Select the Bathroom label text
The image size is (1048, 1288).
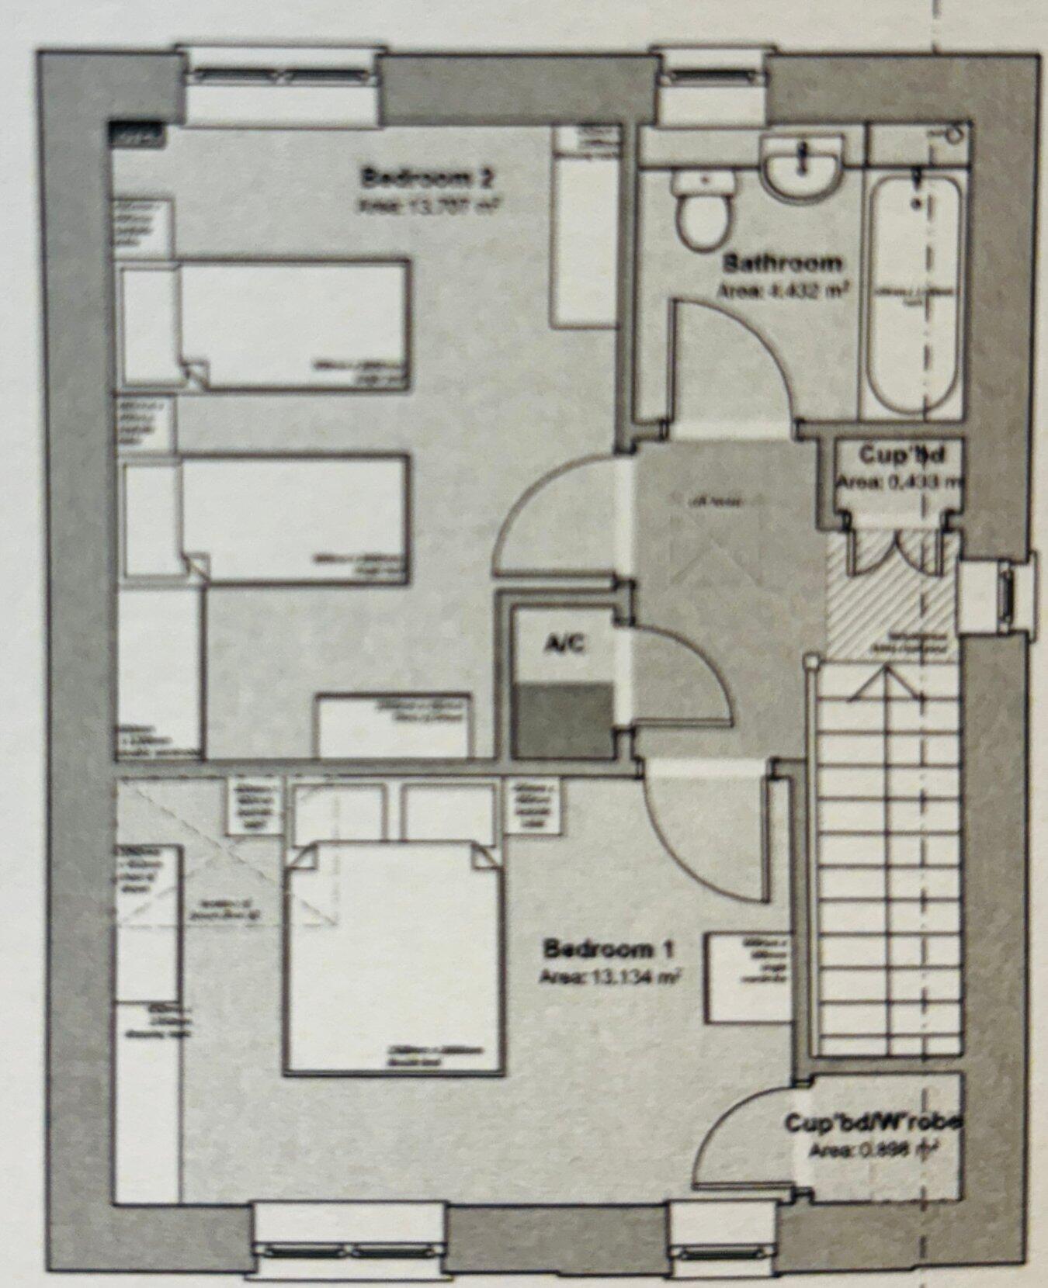click(782, 262)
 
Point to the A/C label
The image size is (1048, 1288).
click(564, 643)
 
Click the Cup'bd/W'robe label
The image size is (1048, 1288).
click(873, 1123)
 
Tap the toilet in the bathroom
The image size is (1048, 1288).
click(703, 208)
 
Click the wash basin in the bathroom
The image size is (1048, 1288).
click(802, 167)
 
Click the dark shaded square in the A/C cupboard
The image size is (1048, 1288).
click(564, 718)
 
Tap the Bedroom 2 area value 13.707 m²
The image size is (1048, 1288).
click(427, 205)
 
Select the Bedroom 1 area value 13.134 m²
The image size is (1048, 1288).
click(609, 975)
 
